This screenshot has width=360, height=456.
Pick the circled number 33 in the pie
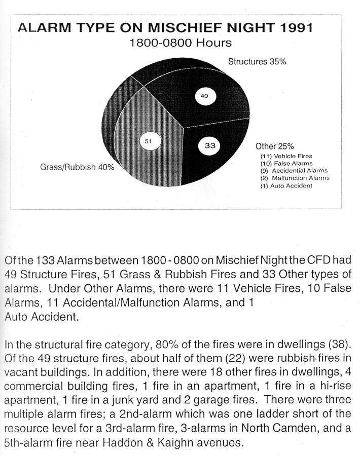pyautogui.click(x=210, y=146)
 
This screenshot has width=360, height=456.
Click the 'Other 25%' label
pyautogui.click(x=274, y=146)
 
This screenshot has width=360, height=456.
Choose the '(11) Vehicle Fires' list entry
pyautogui.click(x=286, y=156)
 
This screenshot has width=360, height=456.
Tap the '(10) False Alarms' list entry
pyautogui.click(x=286, y=164)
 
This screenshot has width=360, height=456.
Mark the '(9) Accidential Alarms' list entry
pyautogui.click(x=294, y=171)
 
